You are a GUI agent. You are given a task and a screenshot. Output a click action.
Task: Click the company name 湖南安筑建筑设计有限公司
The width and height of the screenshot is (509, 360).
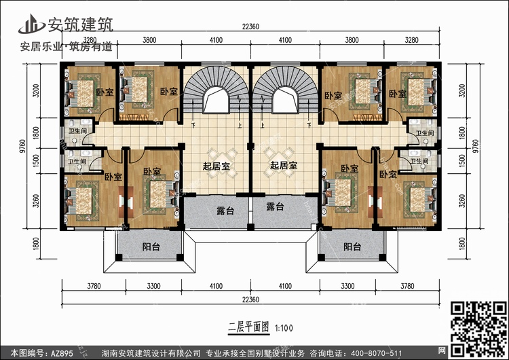[x=150, y=353]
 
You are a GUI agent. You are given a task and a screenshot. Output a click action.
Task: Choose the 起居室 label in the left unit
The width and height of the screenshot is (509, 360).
[x=215, y=165]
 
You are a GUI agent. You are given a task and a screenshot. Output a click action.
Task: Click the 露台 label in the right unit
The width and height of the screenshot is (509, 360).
[x=275, y=206]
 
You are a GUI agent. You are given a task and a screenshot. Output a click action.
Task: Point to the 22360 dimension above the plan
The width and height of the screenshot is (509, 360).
[x=250, y=26]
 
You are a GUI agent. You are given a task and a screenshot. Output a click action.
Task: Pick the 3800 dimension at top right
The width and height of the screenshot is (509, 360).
[x=351, y=40]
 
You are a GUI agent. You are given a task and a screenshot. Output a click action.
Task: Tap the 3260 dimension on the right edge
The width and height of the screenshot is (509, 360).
[x=463, y=201]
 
